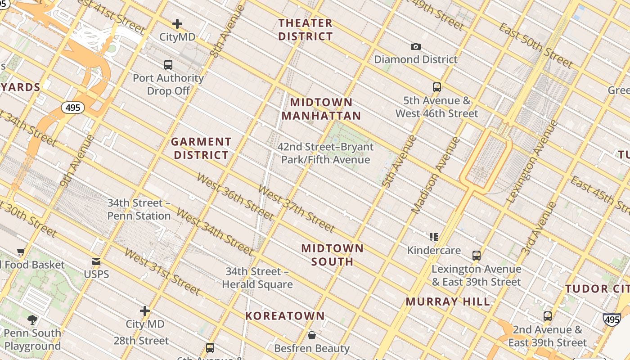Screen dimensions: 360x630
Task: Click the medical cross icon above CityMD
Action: [x=177, y=24]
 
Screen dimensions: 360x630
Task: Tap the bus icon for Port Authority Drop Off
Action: [x=168, y=65]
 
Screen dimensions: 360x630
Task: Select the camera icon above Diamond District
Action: [x=416, y=47]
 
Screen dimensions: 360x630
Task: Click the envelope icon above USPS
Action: [x=96, y=261]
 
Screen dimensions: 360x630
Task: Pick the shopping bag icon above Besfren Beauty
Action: [x=312, y=335]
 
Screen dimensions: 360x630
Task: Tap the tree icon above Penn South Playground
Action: [x=32, y=320]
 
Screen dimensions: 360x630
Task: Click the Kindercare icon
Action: [x=434, y=237]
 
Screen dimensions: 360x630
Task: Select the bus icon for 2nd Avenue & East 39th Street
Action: [x=548, y=316]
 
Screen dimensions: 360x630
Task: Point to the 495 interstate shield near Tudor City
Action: [x=612, y=319]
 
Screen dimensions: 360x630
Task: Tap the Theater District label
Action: [x=306, y=30]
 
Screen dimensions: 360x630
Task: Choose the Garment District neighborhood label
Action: [x=201, y=148]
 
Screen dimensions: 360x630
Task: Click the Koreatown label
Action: [x=285, y=316]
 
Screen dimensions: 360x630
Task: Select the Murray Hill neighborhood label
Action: [x=448, y=301]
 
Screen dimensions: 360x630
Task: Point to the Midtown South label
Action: [x=332, y=255]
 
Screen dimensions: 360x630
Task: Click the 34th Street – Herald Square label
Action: [x=257, y=278]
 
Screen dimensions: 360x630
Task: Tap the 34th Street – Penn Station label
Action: [x=139, y=210]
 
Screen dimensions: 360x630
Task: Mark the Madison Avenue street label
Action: [x=436, y=175]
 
